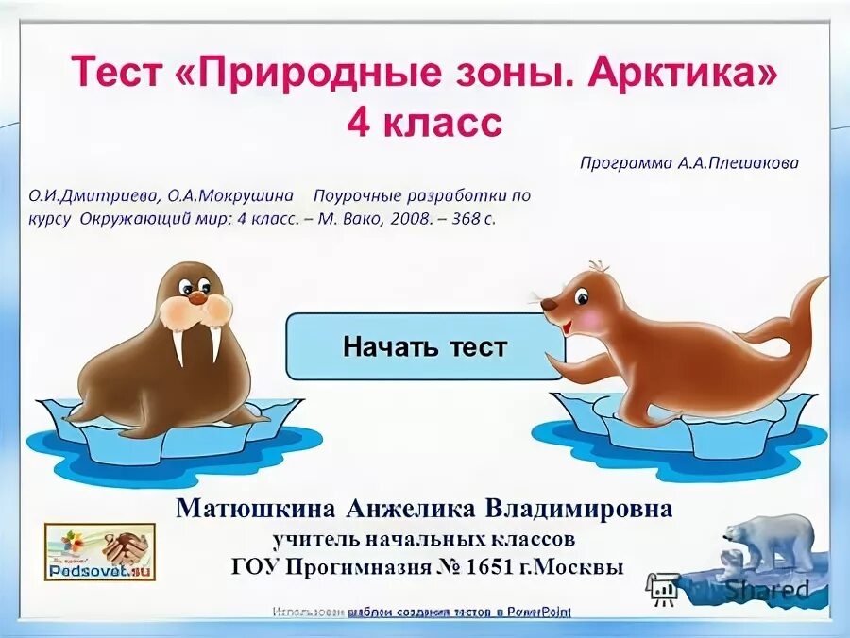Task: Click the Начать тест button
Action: (x=424, y=346)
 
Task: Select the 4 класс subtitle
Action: (x=424, y=123)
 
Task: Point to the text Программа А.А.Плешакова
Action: (x=688, y=162)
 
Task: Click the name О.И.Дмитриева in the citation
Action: (x=94, y=195)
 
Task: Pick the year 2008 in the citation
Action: (x=402, y=218)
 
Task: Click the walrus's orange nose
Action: (x=196, y=296)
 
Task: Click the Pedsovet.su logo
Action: (x=99, y=551)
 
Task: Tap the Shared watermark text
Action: (x=765, y=590)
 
